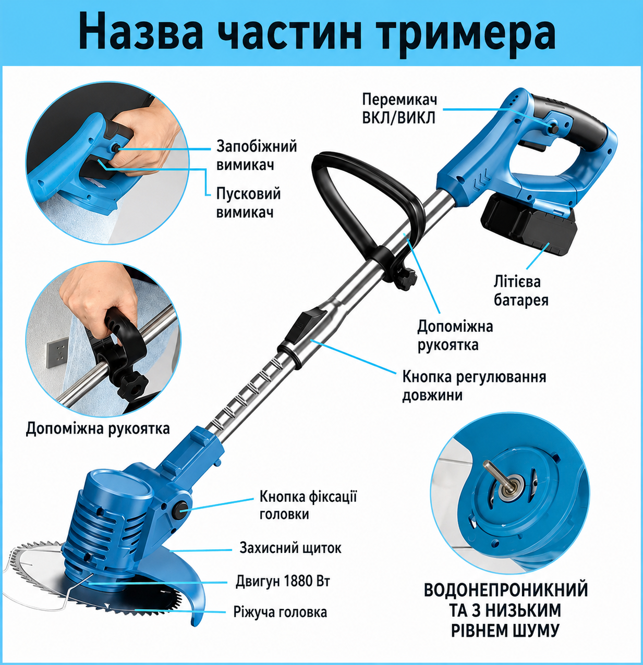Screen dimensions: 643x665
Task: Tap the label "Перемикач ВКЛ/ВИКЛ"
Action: click(x=399, y=109)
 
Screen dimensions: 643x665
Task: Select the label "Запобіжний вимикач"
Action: click(x=257, y=155)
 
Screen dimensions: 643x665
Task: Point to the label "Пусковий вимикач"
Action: click(x=248, y=203)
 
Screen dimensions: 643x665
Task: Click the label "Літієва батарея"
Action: click(x=521, y=291)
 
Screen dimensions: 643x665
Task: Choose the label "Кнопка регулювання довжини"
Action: click(x=474, y=386)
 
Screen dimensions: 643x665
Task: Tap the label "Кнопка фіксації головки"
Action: click(x=308, y=506)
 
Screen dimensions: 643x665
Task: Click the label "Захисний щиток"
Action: click(x=290, y=548)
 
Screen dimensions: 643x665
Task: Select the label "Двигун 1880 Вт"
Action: click(x=283, y=581)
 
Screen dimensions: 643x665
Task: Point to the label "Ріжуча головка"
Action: click(x=280, y=612)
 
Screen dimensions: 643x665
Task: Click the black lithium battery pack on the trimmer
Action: click(x=528, y=225)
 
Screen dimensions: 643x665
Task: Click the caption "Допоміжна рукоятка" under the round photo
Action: click(x=98, y=428)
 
